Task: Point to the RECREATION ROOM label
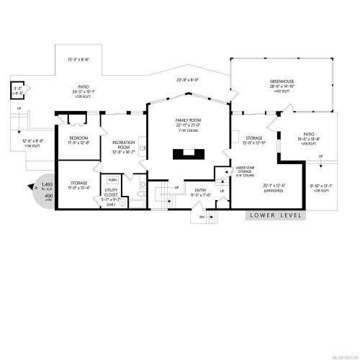[124, 143]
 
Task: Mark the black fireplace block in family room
[187, 153]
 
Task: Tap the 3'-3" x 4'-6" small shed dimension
[17, 91]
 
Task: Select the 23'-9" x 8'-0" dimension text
[186, 81]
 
